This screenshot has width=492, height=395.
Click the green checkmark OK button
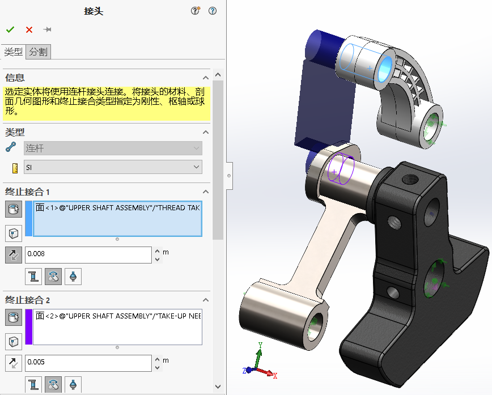tap(10, 29)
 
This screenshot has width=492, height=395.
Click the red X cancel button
tap(29, 29)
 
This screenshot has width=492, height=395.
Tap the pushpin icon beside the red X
tap(48, 29)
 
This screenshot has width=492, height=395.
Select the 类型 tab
tap(13, 52)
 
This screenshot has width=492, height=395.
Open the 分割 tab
tap(39, 52)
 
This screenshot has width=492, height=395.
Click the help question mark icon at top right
tap(213, 11)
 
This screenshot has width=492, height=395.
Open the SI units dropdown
tap(113, 167)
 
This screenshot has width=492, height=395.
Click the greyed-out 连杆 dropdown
tap(113, 148)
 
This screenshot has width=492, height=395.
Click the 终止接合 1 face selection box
tap(117, 218)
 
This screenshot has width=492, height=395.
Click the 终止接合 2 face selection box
tap(117, 326)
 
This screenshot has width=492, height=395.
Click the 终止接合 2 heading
tap(32, 300)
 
